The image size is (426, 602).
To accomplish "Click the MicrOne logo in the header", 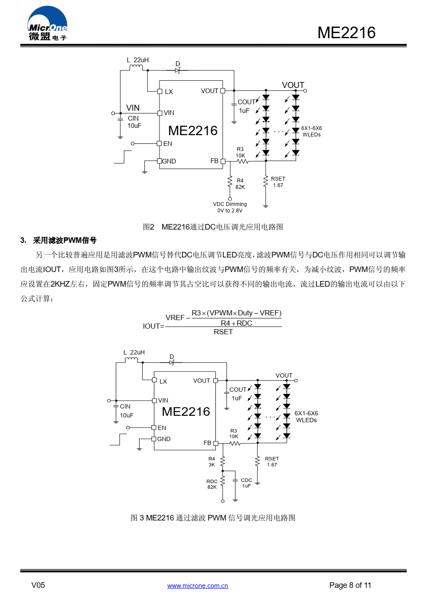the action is pyautogui.click(x=47, y=24).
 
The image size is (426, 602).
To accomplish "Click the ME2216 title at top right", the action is pyautogui.click(x=346, y=33).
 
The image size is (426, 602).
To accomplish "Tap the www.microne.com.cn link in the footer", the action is pyautogui.click(x=197, y=586).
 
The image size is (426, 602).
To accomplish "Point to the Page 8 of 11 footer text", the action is pyautogui.click(x=350, y=585).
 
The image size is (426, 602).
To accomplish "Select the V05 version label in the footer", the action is pyautogui.click(x=38, y=585).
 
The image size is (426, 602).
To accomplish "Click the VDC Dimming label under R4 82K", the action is pyautogui.click(x=230, y=207).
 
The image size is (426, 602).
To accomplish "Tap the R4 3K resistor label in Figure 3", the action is pyautogui.click(x=211, y=461).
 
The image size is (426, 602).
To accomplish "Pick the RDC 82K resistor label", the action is pyautogui.click(x=212, y=484).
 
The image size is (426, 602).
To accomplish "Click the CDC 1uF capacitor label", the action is pyautogui.click(x=246, y=483).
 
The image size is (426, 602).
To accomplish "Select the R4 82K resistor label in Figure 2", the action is pyautogui.click(x=240, y=184).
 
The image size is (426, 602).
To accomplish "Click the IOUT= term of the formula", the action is pyautogui.click(x=153, y=326).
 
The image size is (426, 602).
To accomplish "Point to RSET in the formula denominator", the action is pyautogui.click(x=223, y=332).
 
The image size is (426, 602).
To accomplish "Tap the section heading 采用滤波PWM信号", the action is pyautogui.click(x=64, y=240).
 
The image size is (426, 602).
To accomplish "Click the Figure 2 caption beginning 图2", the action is pyautogui.click(x=213, y=227).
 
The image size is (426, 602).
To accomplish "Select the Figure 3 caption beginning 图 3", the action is pyautogui.click(x=213, y=517).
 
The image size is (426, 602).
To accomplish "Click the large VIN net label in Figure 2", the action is pyautogui.click(x=133, y=108).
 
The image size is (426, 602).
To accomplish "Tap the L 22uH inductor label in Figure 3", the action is pyautogui.click(x=134, y=352).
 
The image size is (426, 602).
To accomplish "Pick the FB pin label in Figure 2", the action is pyautogui.click(x=215, y=161).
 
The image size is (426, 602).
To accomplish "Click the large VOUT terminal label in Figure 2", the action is pyautogui.click(x=293, y=85).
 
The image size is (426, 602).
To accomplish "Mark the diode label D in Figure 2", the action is pyautogui.click(x=178, y=64).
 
